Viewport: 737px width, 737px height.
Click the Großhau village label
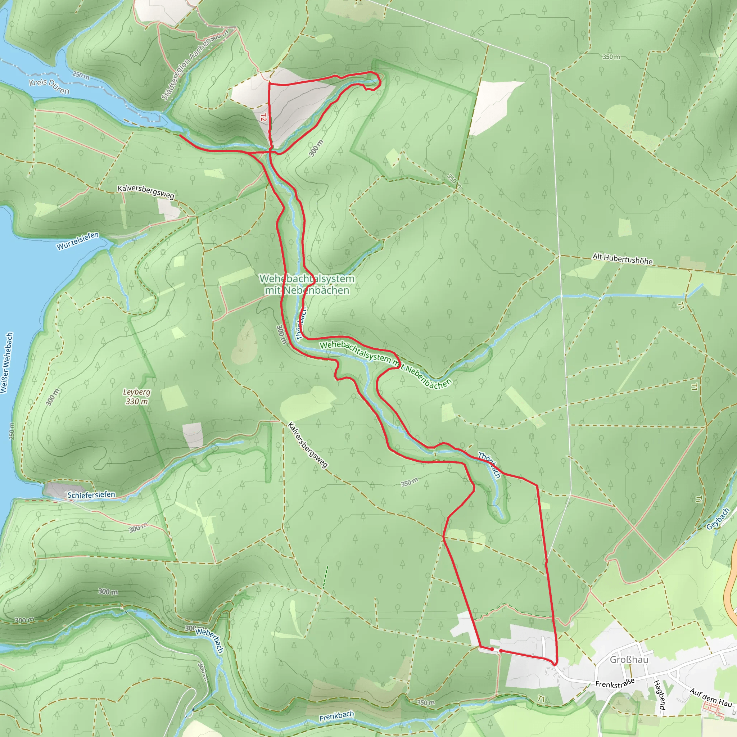tap(629, 660)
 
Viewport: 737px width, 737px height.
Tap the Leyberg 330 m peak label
tap(136, 396)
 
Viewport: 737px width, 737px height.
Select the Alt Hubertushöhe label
tap(622, 259)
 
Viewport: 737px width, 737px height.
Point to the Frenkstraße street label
tap(615, 683)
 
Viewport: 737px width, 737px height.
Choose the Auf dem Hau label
tap(711, 698)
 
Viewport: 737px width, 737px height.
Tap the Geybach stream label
tap(718, 519)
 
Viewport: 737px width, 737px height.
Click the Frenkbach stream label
tap(336, 716)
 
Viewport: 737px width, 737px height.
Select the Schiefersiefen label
tap(91, 495)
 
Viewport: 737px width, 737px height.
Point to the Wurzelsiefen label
tap(78, 241)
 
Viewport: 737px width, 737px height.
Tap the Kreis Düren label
tap(49, 87)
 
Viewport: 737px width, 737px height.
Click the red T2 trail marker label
tap(263, 117)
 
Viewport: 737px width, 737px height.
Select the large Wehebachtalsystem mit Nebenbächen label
tap(307, 284)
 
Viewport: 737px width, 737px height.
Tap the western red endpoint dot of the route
tap(492, 649)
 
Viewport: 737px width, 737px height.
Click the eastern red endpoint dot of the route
tap(501, 650)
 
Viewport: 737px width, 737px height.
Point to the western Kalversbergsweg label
tap(146, 191)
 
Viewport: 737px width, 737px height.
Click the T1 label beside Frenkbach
tap(541, 698)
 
